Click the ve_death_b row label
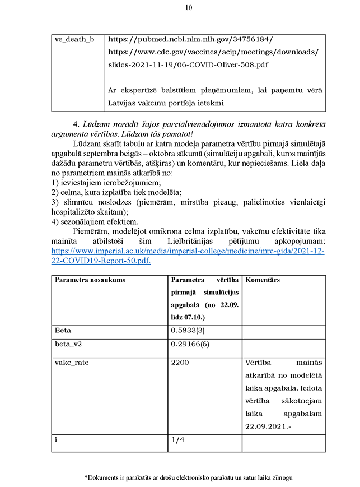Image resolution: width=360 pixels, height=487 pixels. [74, 40]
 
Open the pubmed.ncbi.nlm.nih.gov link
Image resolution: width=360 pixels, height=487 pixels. [190, 40]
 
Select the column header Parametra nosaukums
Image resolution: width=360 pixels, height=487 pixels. [90, 280]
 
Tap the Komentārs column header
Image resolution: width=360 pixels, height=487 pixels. [263, 280]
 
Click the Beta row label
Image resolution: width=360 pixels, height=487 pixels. [63, 330]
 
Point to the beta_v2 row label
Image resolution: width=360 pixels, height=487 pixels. [68, 344]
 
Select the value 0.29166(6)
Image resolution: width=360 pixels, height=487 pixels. [190, 344]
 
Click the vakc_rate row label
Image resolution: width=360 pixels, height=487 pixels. [72, 363]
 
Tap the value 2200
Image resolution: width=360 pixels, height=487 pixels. [180, 363]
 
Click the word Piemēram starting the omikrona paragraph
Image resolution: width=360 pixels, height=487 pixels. [90, 232]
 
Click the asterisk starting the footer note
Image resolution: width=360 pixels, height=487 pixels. [86, 477]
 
